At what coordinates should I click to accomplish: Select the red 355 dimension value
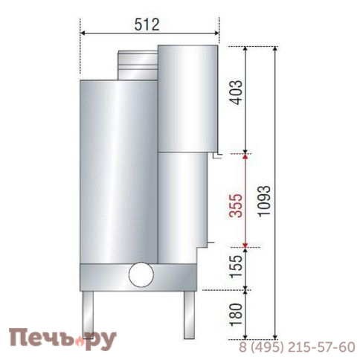pos(237,202)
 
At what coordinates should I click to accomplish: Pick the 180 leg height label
pos(237,315)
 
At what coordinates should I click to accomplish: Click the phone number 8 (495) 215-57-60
pos(298,347)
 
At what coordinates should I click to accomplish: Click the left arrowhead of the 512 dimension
pos(83,33)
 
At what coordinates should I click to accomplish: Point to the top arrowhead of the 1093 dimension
pos(276,49)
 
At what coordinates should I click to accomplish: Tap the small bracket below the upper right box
pos(214,155)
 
